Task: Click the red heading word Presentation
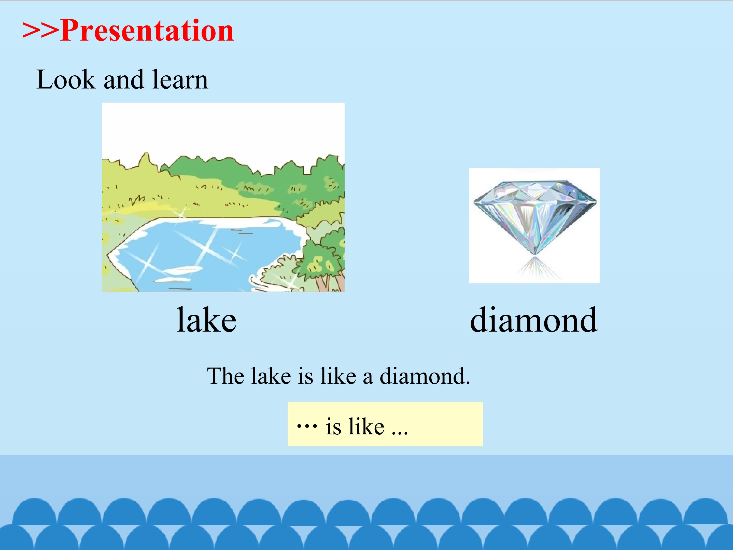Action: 147,31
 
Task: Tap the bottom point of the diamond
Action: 535,255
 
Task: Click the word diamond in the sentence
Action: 425,376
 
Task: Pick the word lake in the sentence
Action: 271,376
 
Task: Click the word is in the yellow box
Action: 333,427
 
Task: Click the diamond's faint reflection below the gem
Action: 535,269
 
